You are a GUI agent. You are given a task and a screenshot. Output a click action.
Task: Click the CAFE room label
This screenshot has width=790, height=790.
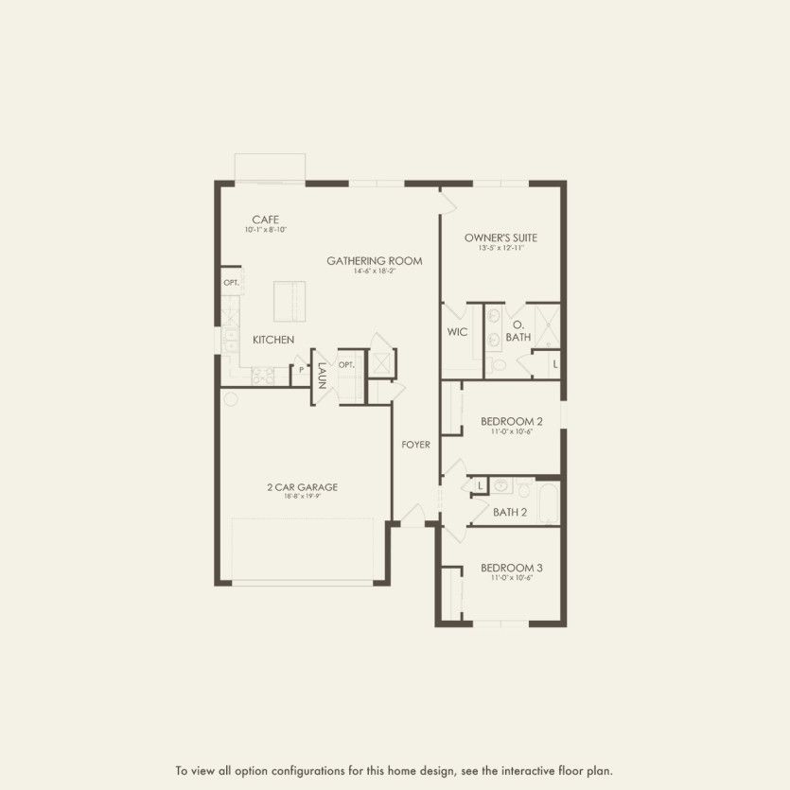tap(265, 219)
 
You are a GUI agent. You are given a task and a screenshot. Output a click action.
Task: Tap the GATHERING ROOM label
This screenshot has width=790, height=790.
tap(375, 261)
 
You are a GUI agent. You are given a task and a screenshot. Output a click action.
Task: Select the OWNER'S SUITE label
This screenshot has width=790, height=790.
tap(500, 238)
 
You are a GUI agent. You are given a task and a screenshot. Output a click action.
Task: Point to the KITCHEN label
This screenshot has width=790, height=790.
tap(272, 340)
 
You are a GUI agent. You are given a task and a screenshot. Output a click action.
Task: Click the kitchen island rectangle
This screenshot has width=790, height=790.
tap(290, 302)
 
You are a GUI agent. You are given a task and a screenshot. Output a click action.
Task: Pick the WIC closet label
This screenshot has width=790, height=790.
tap(458, 332)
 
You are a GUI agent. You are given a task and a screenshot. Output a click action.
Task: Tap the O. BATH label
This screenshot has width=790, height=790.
tap(518, 330)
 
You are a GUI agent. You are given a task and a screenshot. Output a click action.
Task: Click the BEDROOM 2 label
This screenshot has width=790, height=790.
tap(511, 421)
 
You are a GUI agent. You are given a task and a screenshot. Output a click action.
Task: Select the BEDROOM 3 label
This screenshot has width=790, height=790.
tap(511, 568)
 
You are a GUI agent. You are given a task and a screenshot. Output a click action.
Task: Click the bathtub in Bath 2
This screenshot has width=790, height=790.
tap(550, 502)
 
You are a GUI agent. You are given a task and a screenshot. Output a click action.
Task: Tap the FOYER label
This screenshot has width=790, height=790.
tap(416, 445)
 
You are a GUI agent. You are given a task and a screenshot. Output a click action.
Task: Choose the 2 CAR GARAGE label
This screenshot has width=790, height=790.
tap(302, 487)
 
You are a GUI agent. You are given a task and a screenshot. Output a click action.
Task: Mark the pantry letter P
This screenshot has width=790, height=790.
tap(301, 370)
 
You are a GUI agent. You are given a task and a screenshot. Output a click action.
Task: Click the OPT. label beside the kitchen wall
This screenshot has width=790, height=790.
tap(231, 283)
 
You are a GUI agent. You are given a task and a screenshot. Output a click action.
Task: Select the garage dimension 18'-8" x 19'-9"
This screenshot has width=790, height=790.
tap(302, 497)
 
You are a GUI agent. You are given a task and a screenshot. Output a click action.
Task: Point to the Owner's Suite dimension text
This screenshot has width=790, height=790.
tap(500, 248)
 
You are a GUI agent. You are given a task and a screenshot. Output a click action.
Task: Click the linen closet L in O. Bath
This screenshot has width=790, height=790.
tap(554, 364)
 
